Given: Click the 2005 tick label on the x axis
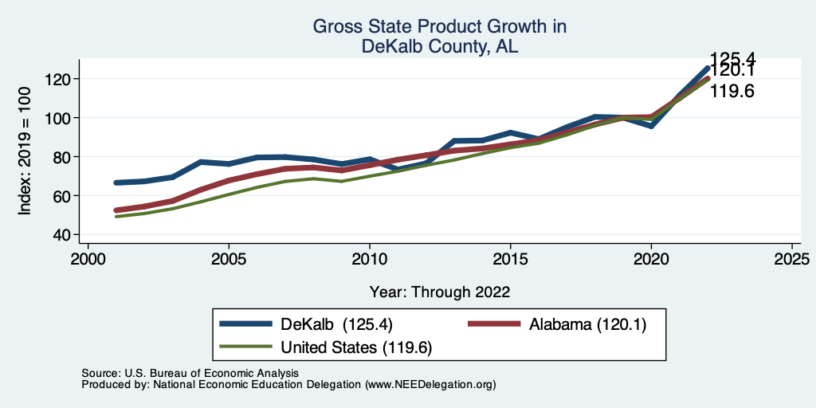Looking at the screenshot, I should [229, 260].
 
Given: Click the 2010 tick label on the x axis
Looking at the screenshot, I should [370, 260].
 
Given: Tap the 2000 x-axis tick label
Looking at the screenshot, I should [88, 260].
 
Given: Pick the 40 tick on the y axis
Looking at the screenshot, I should [64, 234].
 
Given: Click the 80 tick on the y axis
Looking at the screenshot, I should [64, 157].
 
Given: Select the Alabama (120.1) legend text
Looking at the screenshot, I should [585, 324].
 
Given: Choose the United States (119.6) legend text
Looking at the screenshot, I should [356, 347].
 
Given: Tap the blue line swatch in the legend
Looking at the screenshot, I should [246, 324].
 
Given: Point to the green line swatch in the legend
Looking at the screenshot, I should [246, 347].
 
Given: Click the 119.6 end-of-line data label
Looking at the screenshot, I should [732, 92].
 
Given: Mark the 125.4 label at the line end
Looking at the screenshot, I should [732, 58].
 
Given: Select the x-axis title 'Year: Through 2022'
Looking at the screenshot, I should [440, 292].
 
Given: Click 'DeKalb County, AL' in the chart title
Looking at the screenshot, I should [440, 47].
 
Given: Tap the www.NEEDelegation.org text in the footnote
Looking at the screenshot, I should [430, 385].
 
